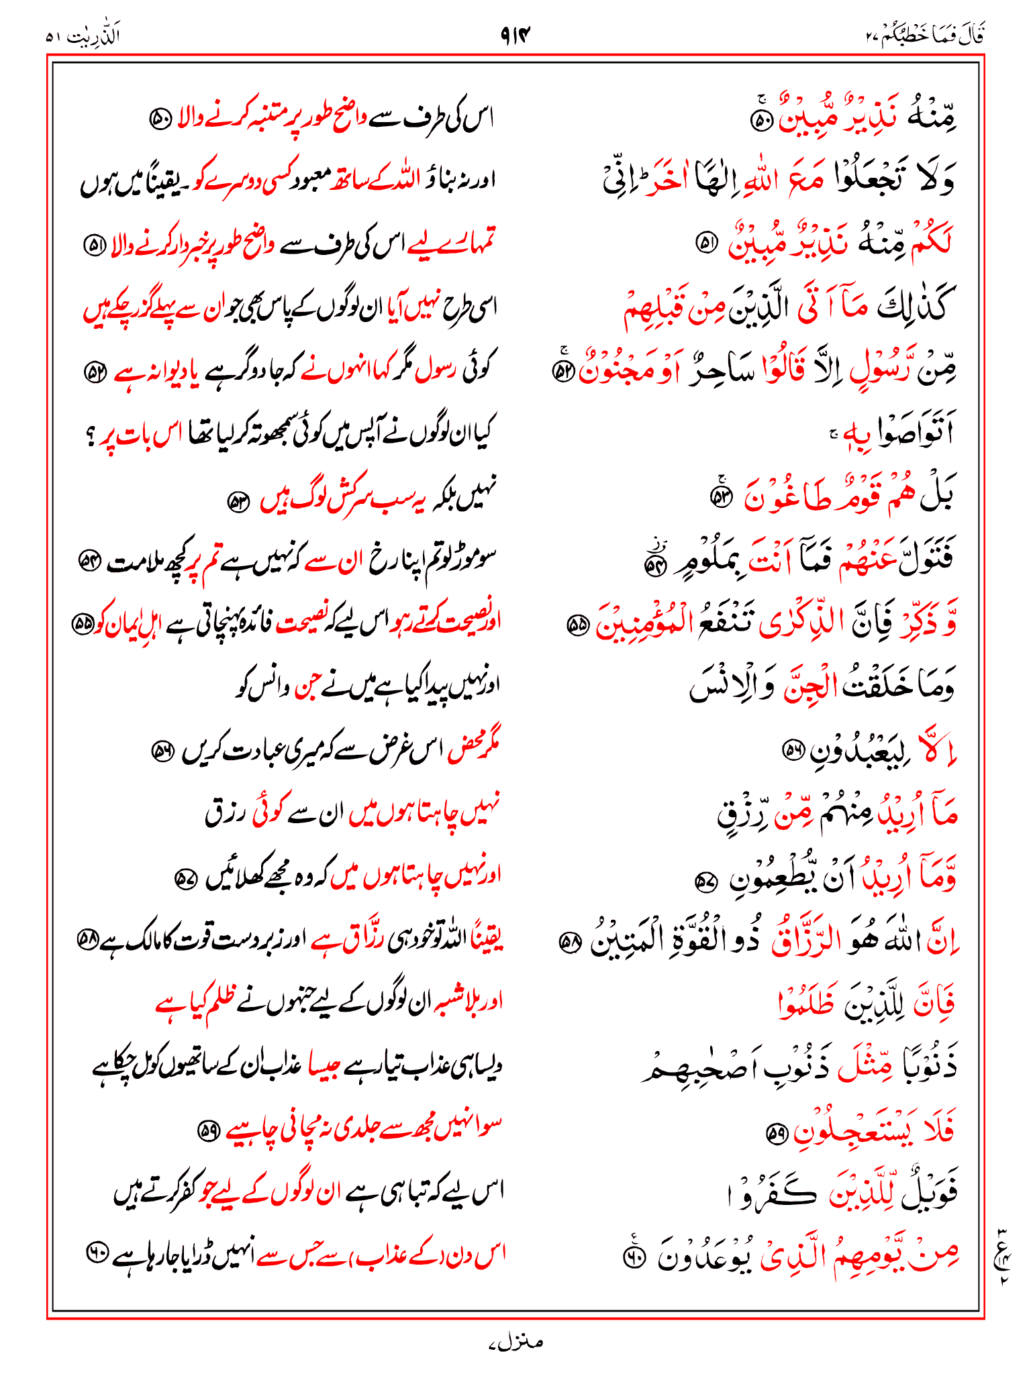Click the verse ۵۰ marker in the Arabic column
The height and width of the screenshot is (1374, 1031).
(x=762, y=121)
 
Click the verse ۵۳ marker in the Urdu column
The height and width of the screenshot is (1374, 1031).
(x=238, y=500)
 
